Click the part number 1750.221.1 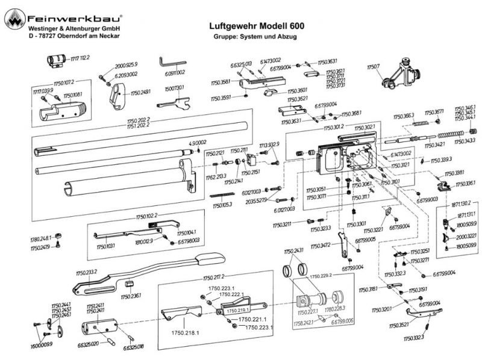[252, 318]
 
